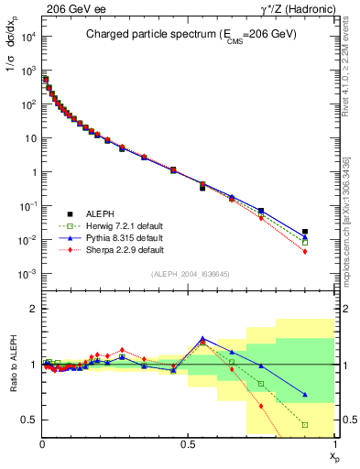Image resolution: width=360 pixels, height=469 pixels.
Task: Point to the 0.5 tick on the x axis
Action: tap(189, 443)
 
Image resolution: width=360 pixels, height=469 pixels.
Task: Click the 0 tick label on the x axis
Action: tap(42, 443)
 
